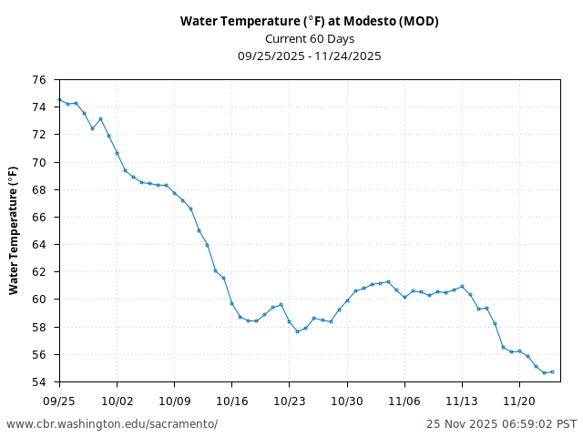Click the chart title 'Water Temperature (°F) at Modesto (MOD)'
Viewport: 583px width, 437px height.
tap(309, 21)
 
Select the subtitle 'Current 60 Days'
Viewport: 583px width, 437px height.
tap(309, 38)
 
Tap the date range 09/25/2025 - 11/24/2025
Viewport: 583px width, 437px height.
tap(309, 56)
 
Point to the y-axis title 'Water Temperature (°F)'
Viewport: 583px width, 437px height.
tap(14, 230)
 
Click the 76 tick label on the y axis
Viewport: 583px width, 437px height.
tap(39, 80)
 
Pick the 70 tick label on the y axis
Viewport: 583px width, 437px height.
tap(39, 162)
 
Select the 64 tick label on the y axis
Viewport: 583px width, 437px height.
tap(39, 245)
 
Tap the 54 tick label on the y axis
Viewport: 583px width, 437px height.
tap(39, 381)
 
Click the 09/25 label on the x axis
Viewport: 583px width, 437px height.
tap(59, 401)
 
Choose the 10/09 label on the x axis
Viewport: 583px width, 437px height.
tap(174, 401)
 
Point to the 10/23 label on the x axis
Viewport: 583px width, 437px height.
tap(289, 401)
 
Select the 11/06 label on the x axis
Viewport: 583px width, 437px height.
tap(404, 401)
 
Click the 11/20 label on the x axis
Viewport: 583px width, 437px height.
tap(519, 401)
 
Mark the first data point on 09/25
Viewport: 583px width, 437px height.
tap(59, 99)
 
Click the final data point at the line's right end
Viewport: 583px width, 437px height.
tap(552, 371)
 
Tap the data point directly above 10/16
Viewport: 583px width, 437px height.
tap(231, 303)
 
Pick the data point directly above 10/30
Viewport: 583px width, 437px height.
tap(347, 300)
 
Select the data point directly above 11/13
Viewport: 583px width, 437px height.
tap(462, 287)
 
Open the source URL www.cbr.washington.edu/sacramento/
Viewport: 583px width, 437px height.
tap(112, 424)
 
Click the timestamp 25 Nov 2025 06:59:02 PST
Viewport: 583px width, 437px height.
tap(501, 424)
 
